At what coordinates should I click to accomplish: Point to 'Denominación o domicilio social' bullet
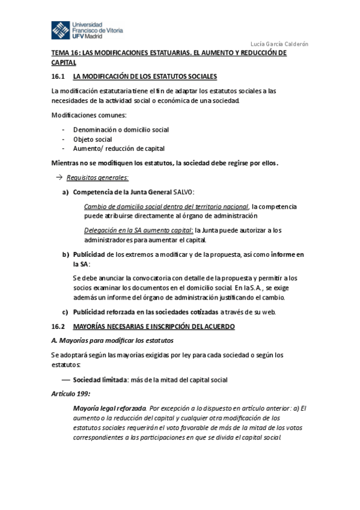click(121, 129)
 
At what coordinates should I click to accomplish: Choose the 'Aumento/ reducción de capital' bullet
click(118, 149)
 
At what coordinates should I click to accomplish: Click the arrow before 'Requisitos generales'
click(59, 177)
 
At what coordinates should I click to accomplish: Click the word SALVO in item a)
click(183, 192)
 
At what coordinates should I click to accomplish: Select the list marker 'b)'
click(66, 254)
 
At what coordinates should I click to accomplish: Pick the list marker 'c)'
click(66, 312)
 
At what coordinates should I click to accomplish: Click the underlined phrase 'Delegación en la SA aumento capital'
click(138, 230)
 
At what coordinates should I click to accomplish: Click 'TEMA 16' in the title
click(67, 54)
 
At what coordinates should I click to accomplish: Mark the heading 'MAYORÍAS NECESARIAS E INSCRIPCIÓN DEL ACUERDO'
click(154, 326)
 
